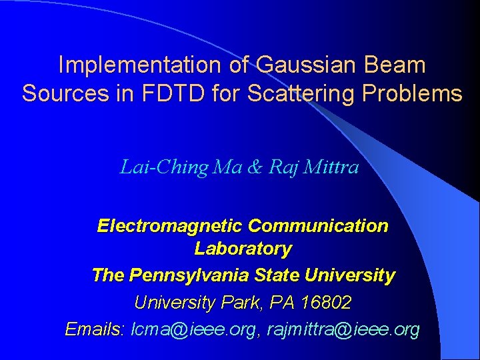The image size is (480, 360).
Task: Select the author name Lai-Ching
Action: point(163,167)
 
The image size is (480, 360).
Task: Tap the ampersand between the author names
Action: point(255,167)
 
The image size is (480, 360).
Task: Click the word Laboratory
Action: point(243,249)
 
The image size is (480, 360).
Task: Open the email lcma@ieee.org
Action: point(194,329)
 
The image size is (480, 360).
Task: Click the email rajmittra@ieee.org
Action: point(343,329)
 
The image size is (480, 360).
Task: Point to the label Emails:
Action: point(95,329)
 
